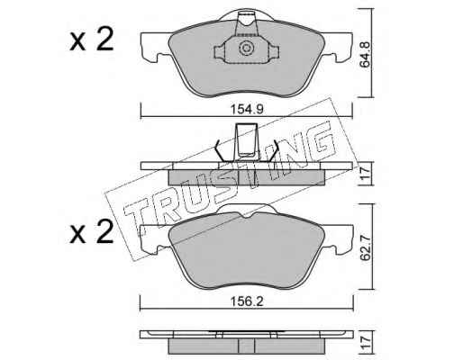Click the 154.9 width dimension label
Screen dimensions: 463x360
point(247,109)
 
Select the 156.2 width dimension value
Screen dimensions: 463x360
point(247,301)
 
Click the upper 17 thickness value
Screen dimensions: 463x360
point(366,174)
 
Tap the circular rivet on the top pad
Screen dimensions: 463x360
point(246,48)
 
